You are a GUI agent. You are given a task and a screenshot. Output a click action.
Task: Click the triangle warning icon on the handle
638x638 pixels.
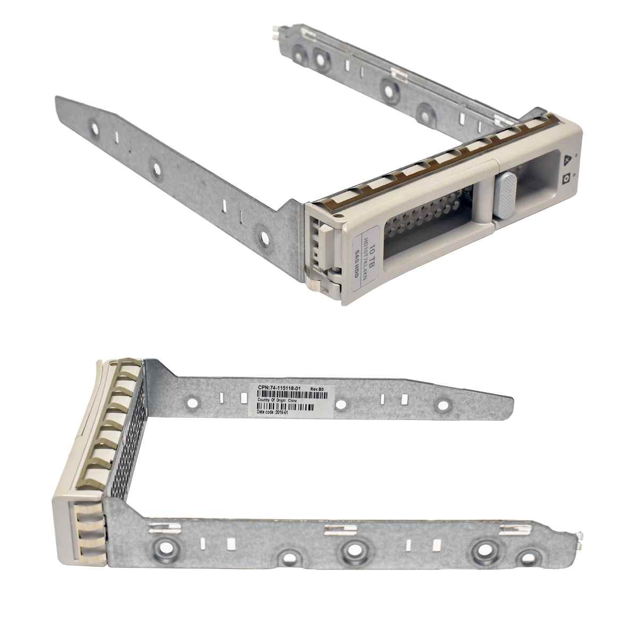click(x=567, y=158)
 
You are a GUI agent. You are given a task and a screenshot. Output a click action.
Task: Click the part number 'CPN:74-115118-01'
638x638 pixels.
click(x=279, y=389)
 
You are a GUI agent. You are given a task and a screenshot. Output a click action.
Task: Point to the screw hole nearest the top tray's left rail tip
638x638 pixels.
click(x=94, y=128)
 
